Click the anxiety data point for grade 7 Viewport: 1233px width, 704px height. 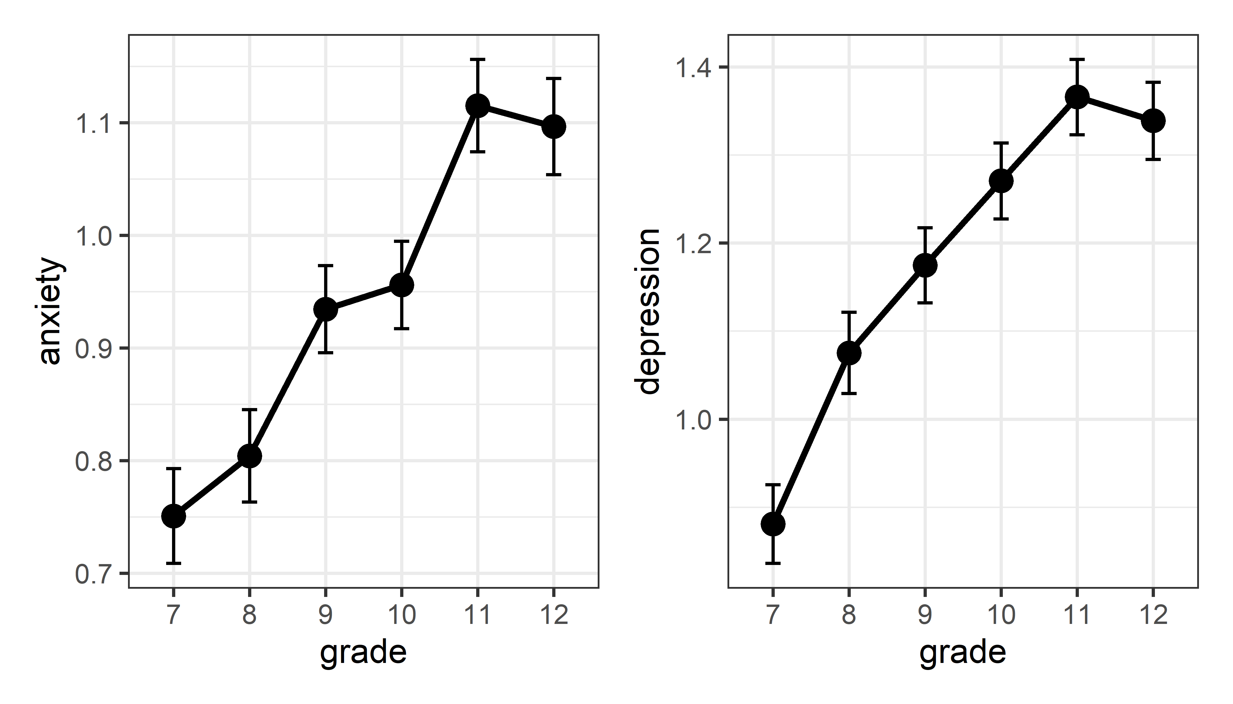173,516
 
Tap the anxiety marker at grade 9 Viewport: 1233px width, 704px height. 326,309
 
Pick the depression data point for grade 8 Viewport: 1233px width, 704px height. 849,353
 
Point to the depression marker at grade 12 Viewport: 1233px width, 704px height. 1153,120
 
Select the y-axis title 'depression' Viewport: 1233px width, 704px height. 649,312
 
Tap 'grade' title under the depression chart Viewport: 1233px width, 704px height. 963,653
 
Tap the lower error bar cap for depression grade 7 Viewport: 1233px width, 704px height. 773,563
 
